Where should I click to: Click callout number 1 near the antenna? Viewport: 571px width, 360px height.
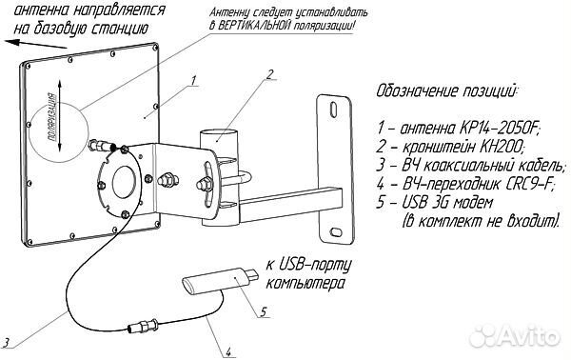[193, 82]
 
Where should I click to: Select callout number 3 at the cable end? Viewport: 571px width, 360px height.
[7, 342]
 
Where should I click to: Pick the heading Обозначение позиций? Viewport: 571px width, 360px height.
[447, 92]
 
